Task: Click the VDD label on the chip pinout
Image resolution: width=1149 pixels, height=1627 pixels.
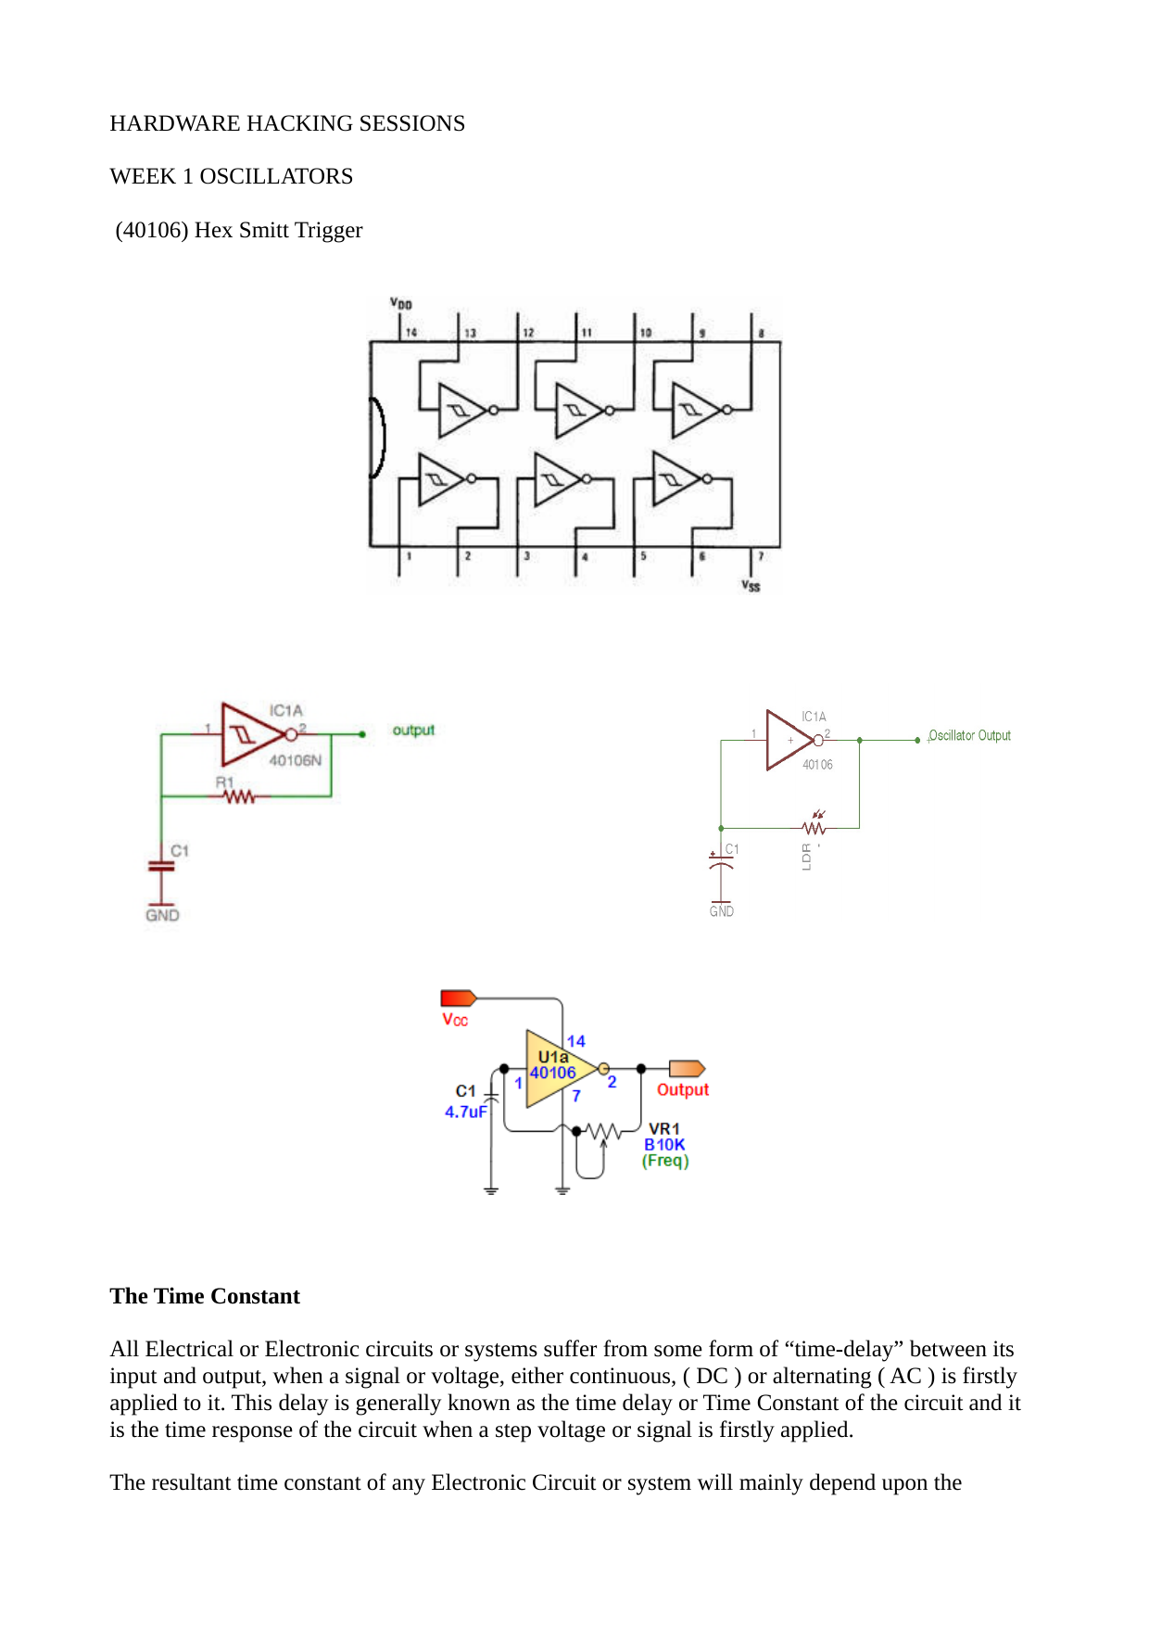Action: pos(400,303)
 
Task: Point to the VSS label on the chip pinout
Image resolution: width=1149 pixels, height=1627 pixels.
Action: pos(751,586)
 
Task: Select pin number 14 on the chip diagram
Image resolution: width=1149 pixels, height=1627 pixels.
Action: pos(411,332)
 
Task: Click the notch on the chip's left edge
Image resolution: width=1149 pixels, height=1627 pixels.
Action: pos(378,438)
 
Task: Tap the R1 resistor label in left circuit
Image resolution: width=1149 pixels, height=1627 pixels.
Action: pos(224,782)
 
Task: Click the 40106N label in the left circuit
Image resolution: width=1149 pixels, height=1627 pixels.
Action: pos(295,760)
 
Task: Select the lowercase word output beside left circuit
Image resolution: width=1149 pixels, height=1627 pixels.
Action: pos(413,730)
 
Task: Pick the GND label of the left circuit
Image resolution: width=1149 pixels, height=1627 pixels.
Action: pos(162,915)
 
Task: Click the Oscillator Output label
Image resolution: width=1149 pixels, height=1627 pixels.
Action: pos(969,735)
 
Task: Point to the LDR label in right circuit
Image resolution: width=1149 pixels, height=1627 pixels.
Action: pos(806,857)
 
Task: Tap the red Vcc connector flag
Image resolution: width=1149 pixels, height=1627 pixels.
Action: pos(458,998)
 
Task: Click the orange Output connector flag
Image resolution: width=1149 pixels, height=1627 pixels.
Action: pos(687,1069)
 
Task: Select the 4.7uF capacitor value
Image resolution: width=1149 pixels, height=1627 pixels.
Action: pos(465,1112)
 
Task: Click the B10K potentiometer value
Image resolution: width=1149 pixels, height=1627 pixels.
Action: pos(664,1145)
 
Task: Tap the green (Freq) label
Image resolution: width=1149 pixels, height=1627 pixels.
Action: pos(665,1161)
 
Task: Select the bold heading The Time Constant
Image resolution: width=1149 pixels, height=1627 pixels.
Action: pos(205,1296)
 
